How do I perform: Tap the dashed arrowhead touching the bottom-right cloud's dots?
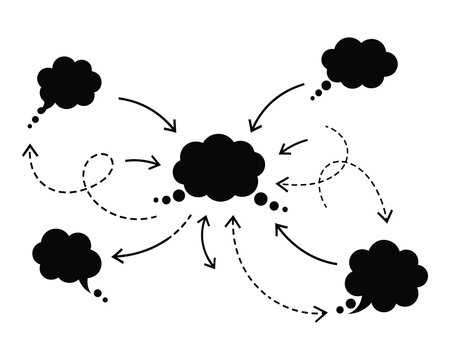(321, 313)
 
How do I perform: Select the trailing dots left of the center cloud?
(166, 199)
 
